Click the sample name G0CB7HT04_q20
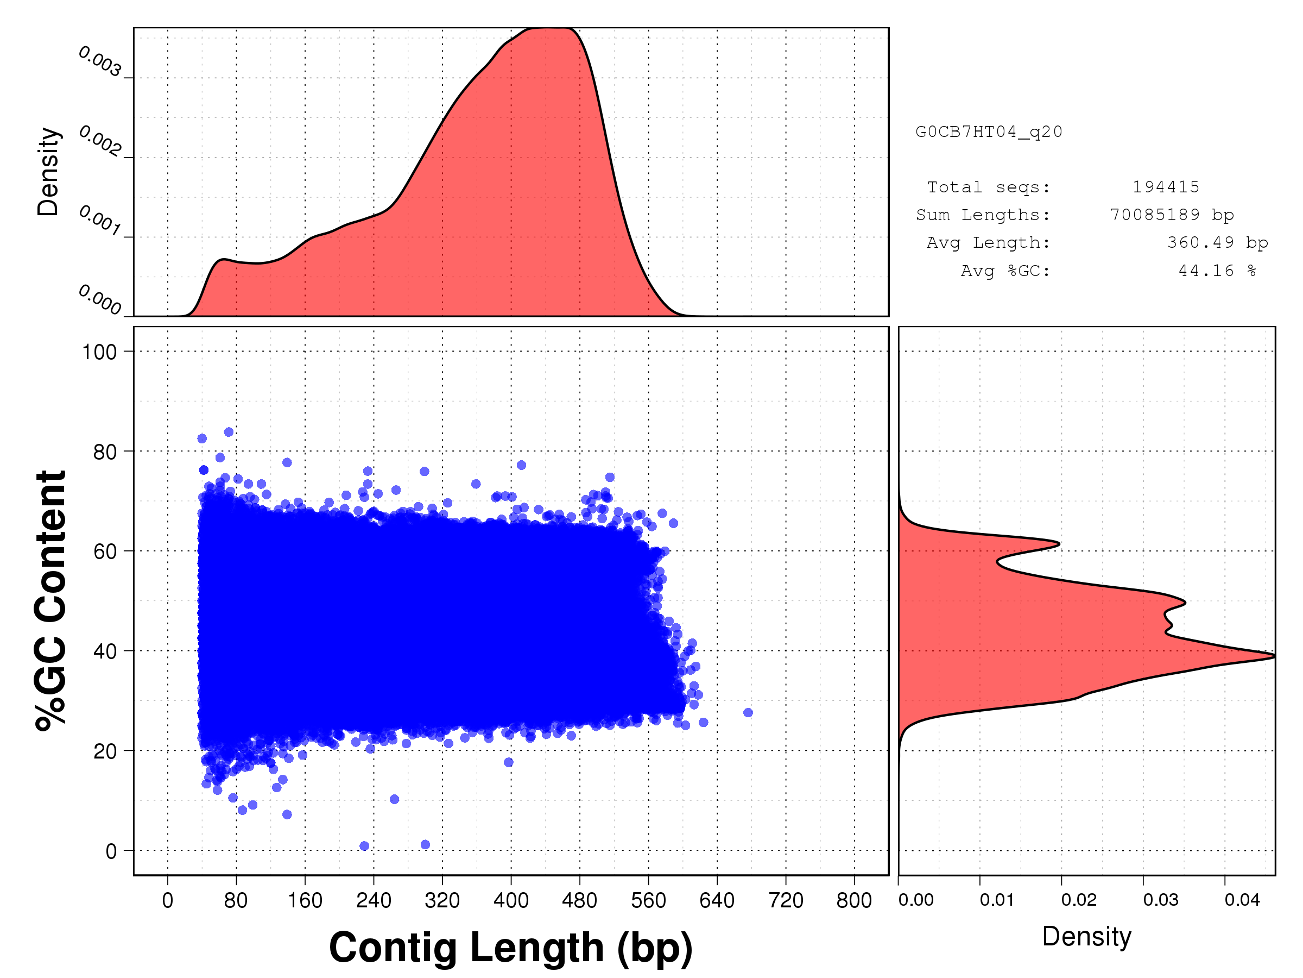989,131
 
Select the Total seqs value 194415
1165,187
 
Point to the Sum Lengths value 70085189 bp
1172,215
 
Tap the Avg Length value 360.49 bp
1217,242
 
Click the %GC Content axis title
50,600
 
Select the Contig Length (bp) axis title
510,948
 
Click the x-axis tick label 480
579,900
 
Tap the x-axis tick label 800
854,900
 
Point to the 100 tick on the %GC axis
99,352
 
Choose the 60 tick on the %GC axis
105,552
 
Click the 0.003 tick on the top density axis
100,62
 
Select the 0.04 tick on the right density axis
1242,900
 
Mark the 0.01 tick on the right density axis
997,900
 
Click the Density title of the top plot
48,172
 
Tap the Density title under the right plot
1086,936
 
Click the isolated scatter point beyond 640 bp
748,713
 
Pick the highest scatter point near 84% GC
229,432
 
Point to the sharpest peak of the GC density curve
1274,656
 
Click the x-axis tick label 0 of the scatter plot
167,900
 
